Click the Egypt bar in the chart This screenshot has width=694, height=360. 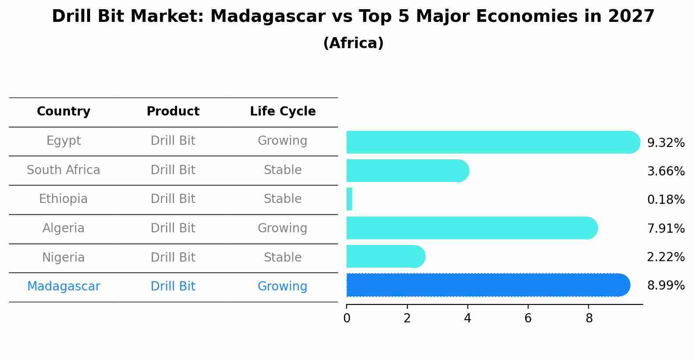pyautogui.click(x=490, y=142)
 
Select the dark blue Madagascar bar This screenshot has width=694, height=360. pyautogui.click(x=486, y=285)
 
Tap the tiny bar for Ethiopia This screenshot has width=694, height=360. pyautogui.click(x=349, y=199)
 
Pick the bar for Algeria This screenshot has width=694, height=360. pyautogui.click(x=470, y=228)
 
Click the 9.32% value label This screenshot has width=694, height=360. pyautogui.click(x=666, y=143)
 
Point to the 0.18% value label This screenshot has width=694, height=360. pyautogui.click(x=666, y=200)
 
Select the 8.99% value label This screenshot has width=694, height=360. pyautogui.click(x=666, y=286)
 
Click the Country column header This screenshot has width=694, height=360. pyautogui.click(x=63, y=112)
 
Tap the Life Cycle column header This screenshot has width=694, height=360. pyautogui.click(x=283, y=112)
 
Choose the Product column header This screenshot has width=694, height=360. pyautogui.click(x=173, y=112)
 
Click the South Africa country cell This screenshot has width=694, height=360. pyautogui.click(x=63, y=170)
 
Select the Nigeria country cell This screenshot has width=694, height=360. pyautogui.click(x=63, y=257)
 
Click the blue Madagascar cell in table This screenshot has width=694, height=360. pyautogui.click(x=63, y=287)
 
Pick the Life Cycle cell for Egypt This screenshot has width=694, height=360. pyautogui.click(x=282, y=141)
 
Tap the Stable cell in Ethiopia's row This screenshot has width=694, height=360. pyautogui.click(x=282, y=199)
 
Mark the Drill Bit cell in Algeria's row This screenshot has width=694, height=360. pyautogui.click(x=173, y=228)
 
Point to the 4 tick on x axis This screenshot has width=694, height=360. pyautogui.click(x=467, y=318)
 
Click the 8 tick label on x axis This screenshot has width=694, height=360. pyautogui.click(x=589, y=318)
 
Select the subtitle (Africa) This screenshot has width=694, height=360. pyautogui.click(x=353, y=43)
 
